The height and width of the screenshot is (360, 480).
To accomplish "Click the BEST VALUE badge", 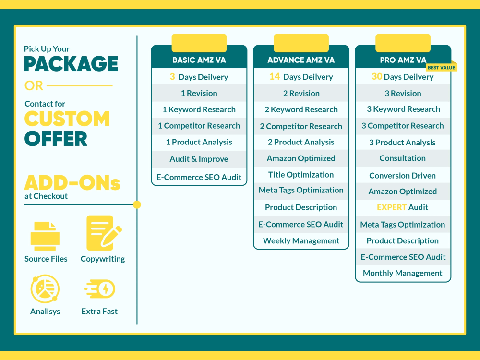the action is point(441,67).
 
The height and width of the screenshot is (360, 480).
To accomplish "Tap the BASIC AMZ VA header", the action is point(199,60).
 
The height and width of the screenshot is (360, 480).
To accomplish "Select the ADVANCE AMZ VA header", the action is point(301,60).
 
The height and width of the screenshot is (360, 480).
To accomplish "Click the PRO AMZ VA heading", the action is point(403,60).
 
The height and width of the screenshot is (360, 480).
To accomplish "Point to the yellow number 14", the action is point(275,76).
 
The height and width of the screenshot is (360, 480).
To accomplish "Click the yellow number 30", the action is point(377,76).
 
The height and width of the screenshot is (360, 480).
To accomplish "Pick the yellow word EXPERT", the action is point(392,207).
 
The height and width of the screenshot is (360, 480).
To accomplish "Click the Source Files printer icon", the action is point(45,236).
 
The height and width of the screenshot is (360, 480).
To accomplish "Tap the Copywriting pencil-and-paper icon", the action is point(104,233).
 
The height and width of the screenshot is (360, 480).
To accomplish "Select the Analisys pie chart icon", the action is point(45,288).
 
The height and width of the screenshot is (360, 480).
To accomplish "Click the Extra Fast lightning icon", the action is point(100,288).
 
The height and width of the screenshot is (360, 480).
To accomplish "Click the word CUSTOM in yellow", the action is point(67,119).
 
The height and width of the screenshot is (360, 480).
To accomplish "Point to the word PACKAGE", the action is point(71,64).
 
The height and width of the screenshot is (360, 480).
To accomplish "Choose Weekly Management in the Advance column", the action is point(301,241).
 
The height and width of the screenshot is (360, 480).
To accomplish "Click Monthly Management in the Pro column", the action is point(403,273).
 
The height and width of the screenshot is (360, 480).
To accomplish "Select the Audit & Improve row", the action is point(199,159).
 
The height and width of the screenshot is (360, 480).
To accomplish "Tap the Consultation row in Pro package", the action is point(403,158).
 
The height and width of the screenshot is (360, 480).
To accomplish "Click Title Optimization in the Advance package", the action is point(301,175).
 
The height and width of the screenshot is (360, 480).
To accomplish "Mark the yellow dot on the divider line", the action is point(137,204).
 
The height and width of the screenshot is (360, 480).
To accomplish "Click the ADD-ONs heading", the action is point(72,183).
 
